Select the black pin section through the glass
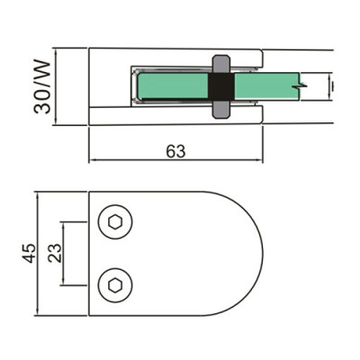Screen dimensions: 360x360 [220, 86]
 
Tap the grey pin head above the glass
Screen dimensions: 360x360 [220, 65]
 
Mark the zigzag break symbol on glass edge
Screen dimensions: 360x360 [303, 86]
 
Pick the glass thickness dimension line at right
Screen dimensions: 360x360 [334, 86]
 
